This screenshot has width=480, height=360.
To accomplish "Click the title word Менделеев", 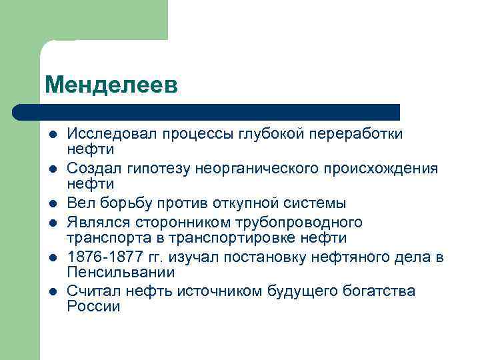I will click(x=111, y=84).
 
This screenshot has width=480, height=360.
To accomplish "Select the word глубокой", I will click(x=270, y=134).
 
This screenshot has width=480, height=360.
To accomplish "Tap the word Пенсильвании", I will click(x=120, y=273).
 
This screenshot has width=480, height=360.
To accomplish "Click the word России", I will click(x=93, y=307).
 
